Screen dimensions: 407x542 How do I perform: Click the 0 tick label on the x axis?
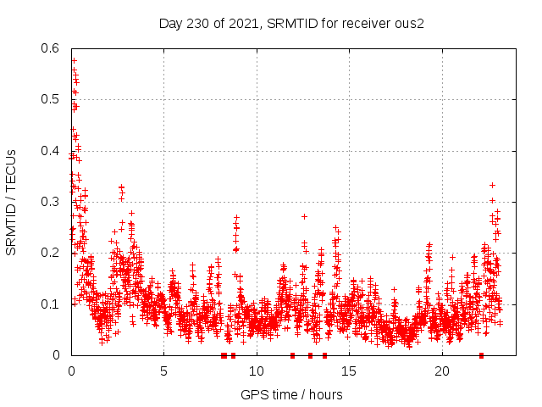71,371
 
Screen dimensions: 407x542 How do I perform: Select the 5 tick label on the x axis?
163,371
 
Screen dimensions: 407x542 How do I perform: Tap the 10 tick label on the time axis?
257,371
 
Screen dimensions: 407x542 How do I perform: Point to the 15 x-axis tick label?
349,371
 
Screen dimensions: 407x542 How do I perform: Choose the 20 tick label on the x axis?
442,371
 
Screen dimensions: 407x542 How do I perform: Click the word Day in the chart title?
170,23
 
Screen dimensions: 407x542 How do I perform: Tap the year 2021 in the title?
238,23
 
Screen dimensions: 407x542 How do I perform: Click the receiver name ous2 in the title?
410,23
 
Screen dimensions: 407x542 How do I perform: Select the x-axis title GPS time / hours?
292,394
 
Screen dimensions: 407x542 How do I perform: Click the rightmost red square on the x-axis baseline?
481,355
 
